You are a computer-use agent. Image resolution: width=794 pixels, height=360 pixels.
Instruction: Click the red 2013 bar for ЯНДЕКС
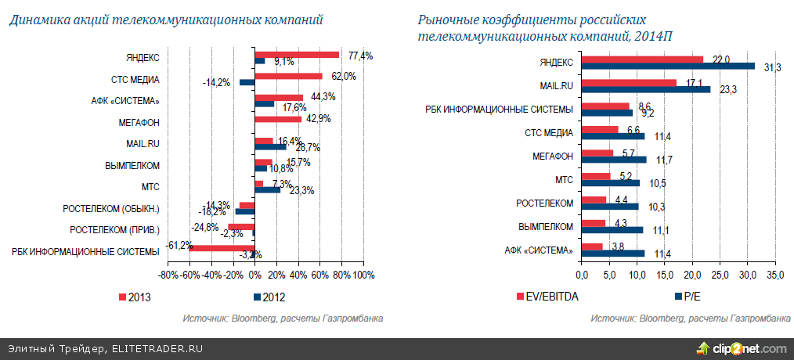click(297, 55)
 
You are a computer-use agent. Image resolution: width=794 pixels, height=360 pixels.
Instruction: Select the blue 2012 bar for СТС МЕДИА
click(247, 82)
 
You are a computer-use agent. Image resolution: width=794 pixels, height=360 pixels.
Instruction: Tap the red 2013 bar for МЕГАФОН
click(278, 119)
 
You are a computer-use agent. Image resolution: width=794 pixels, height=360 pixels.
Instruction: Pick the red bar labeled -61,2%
click(222, 249)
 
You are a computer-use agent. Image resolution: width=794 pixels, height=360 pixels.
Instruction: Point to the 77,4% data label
click(361, 56)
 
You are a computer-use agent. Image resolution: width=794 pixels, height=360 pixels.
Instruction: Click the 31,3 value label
click(771, 68)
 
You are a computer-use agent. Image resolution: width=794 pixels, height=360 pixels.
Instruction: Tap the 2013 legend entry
click(134, 297)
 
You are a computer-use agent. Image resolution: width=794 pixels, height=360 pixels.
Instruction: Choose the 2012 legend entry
click(267, 297)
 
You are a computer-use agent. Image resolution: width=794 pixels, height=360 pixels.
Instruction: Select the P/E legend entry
click(689, 297)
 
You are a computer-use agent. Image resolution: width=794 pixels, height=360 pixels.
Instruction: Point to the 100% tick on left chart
click(363, 275)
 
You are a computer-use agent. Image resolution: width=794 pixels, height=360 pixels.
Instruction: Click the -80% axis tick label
click(168, 275)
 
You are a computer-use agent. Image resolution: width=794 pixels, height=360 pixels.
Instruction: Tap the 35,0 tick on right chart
click(775, 275)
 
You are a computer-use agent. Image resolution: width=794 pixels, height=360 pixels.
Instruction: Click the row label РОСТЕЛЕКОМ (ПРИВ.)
click(114, 229)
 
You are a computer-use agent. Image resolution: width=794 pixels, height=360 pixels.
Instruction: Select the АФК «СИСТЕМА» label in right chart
click(537, 250)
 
